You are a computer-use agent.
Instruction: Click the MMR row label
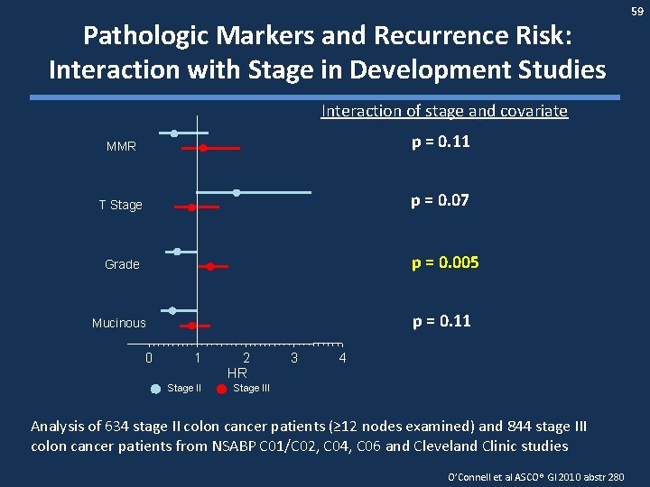click(x=121, y=146)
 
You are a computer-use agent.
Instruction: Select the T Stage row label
click(x=121, y=205)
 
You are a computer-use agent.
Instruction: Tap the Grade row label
click(x=122, y=264)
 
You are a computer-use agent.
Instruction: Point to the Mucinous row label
click(x=118, y=323)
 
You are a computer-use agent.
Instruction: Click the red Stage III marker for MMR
click(x=203, y=147)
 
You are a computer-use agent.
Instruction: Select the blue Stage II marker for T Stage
click(x=237, y=192)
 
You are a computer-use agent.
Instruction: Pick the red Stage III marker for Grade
click(x=210, y=266)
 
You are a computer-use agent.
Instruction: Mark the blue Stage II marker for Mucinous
click(x=172, y=311)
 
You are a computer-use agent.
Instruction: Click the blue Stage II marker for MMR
click(x=174, y=133)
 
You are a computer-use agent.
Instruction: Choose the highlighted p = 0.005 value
click(x=445, y=262)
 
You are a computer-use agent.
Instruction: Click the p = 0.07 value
click(x=440, y=200)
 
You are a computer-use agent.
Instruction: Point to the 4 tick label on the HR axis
click(x=341, y=358)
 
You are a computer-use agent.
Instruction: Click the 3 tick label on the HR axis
click(x=293, y=358)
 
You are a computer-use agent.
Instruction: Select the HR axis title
click(x=237, y=372)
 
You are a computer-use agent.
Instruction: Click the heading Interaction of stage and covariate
click(x=444, y=111)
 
